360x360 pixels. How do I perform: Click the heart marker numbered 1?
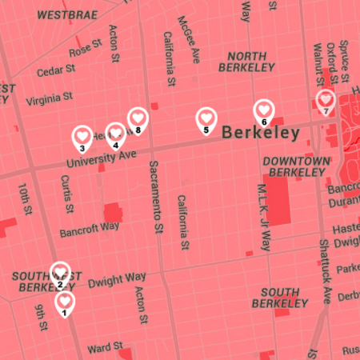point(65,302)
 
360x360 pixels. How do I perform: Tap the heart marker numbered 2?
point(60,274)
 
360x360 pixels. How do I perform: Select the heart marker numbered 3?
point(82,137)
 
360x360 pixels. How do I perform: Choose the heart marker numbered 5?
point(206,119)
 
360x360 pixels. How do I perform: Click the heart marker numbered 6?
point(264,111)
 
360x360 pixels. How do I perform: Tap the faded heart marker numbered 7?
point(326,101)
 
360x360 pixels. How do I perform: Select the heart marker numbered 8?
point(138,119)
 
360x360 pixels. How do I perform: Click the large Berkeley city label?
point(261,133)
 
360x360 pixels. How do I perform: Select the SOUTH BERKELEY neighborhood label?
point(279,298)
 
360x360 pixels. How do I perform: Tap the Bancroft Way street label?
point(89,230)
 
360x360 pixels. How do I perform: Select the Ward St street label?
point(105,349)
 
